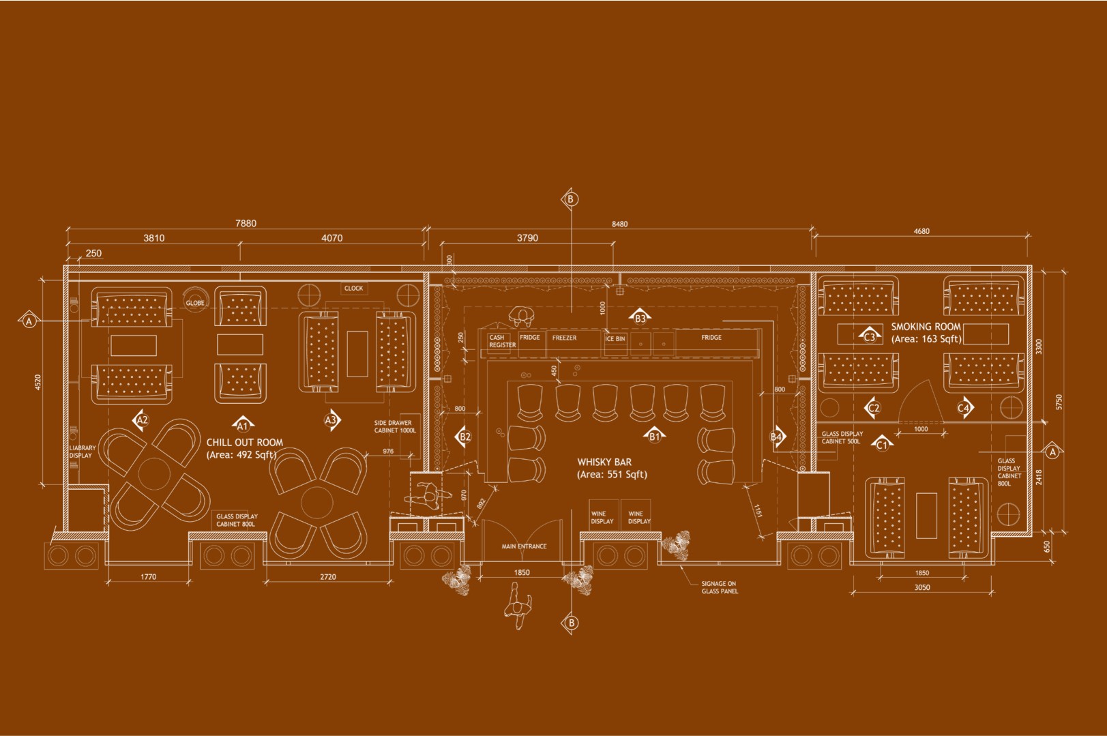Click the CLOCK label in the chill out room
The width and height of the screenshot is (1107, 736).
(x=353, y=289)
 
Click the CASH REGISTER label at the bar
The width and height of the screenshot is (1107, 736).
(x=502, y=341)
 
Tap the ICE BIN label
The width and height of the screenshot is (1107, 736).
(x=615, y=339)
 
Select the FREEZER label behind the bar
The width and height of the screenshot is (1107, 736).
(x=564, y=338)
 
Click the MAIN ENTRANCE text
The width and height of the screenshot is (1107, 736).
(x=524, y=546)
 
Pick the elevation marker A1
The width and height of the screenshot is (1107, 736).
(x=241, y=426)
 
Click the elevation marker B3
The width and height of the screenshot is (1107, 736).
(x=640, y=317)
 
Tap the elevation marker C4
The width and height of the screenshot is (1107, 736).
(x=963, y=408)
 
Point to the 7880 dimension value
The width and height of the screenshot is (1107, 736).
(x=246, y=224)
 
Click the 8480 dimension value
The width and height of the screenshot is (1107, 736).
(x=619, y=224)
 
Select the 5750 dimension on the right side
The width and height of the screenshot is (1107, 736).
(x=1058, y=402)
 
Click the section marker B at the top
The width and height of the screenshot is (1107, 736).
(x=571, y=199)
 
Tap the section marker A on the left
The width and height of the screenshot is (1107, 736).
(x=29, y=320)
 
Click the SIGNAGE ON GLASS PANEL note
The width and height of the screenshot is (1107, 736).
(x=720, y=587)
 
